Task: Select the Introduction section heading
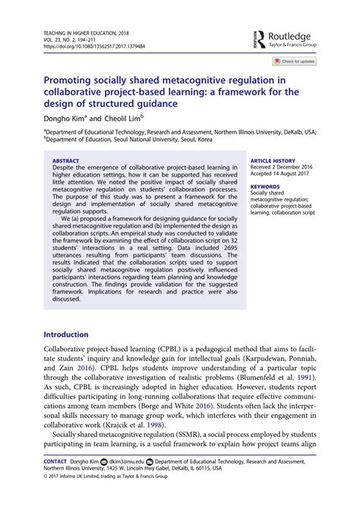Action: pos(71,334)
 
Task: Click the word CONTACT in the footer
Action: pos(55,461)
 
